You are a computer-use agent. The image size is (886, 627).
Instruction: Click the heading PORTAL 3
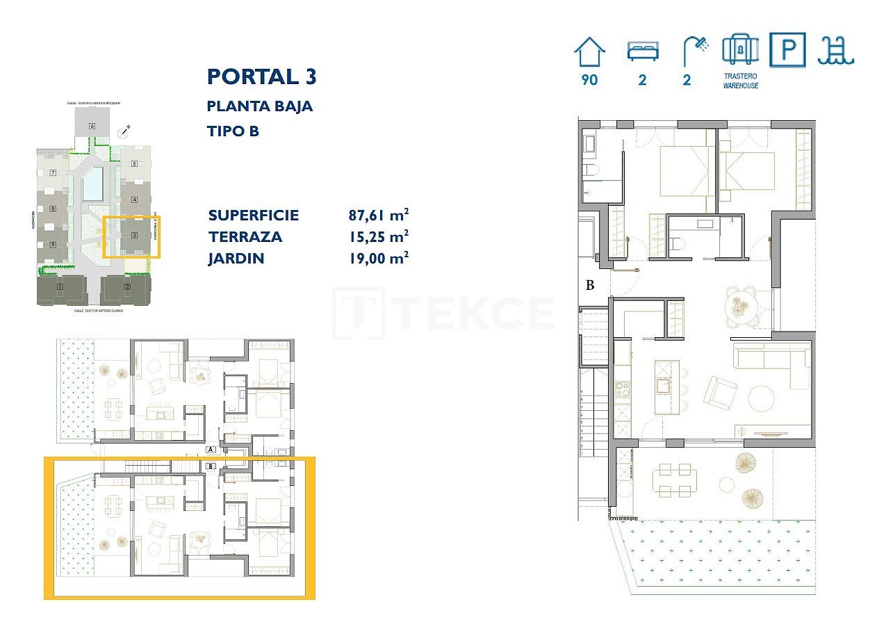coord(262,76)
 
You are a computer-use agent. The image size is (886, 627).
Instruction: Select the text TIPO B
coord(233,131)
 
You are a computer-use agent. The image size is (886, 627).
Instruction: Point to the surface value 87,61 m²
coord(378,215)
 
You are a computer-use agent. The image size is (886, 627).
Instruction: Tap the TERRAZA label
coord(245,236)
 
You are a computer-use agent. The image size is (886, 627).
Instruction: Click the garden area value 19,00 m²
coord(378,259)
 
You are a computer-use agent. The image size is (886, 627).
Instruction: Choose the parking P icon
coord(787,51)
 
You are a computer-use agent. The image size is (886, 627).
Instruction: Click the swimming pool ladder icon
coord(836,51)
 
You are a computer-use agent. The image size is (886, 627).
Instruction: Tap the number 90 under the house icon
coord(589,80)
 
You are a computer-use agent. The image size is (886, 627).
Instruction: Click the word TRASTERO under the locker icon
coord(740,76)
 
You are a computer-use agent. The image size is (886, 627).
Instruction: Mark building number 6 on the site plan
coord(92,126)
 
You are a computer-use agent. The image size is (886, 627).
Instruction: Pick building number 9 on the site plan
coord(52,244)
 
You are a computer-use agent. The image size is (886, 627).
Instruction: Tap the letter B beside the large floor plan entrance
coord(590,284)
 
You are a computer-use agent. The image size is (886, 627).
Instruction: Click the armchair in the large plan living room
coord(719,391)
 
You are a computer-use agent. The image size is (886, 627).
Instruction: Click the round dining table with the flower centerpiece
coord(739,304)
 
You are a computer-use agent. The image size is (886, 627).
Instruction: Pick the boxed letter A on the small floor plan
coord(211,450)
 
